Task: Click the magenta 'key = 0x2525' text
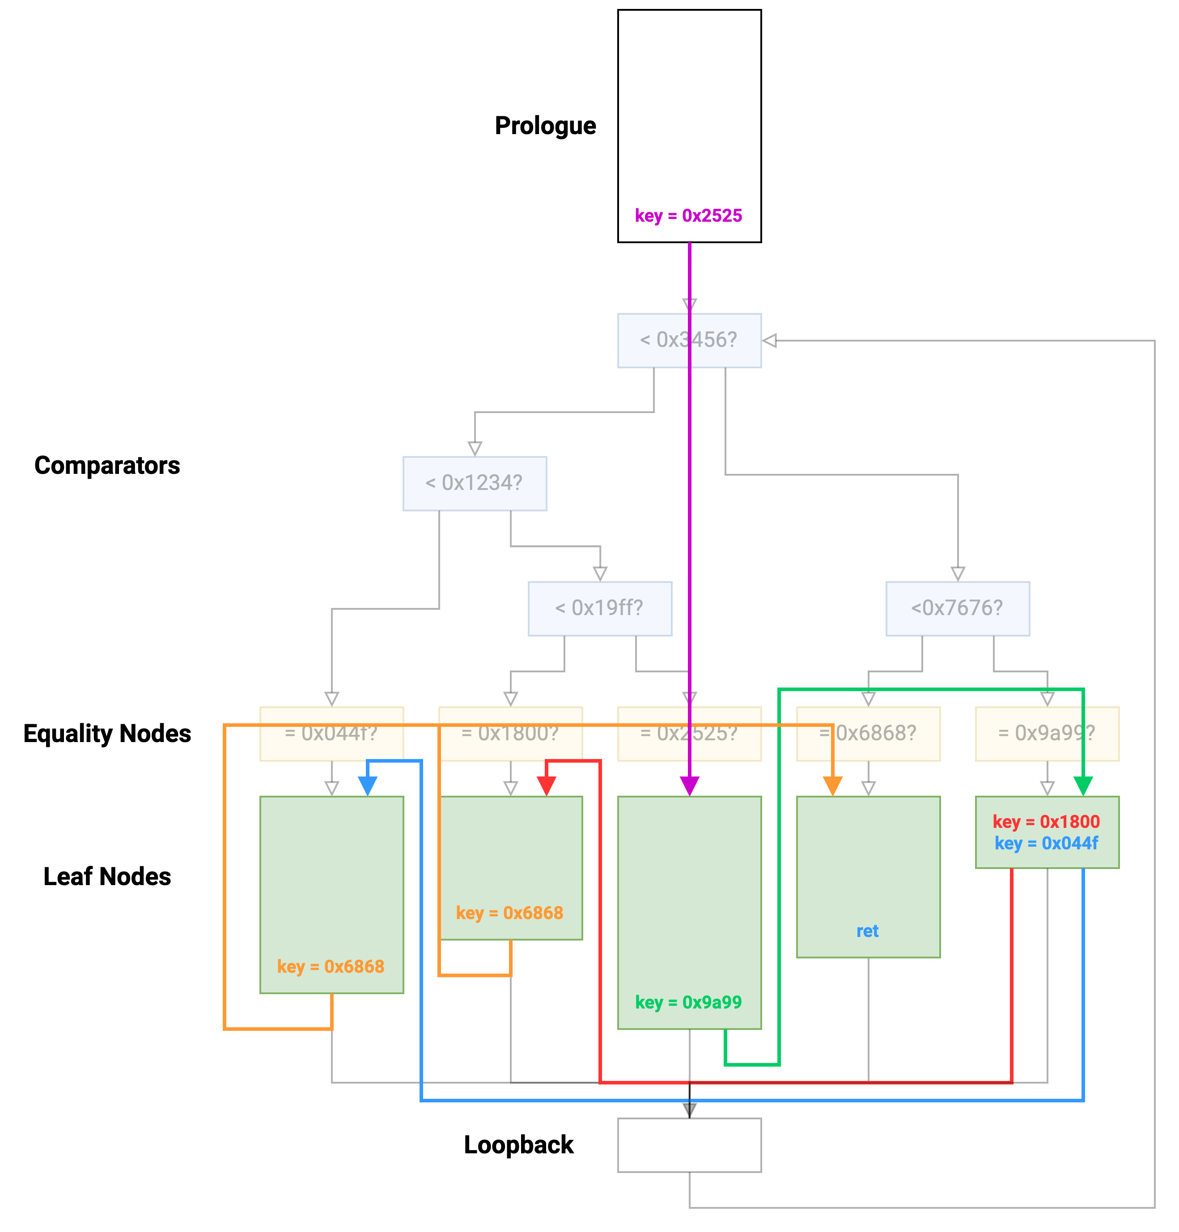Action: [x=688, y=215]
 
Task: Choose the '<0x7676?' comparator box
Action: [x=957, y=608]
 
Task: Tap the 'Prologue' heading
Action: [x=545, y=126]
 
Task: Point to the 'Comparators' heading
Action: [x=107, y=465]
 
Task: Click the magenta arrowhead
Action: [x=689, y=786]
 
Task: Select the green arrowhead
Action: [x=1083, y=786]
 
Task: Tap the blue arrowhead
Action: [x=367, y=786]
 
